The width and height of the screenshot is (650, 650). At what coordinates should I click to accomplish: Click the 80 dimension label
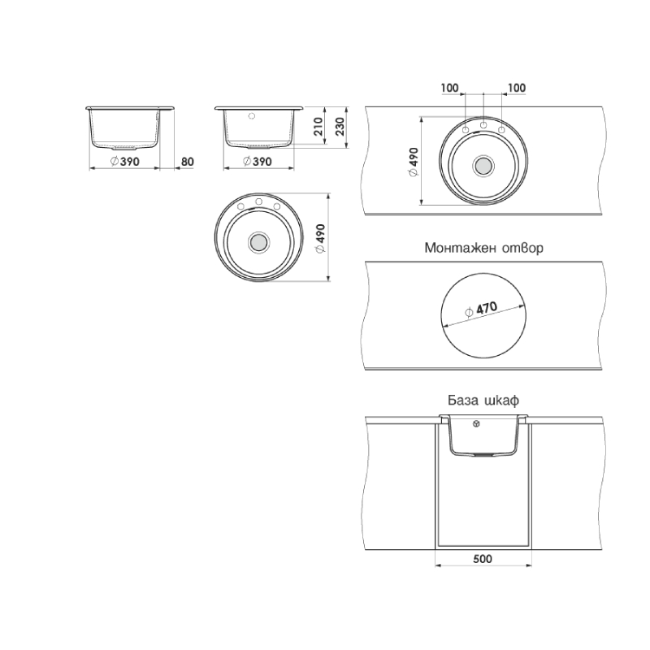coord(188,162)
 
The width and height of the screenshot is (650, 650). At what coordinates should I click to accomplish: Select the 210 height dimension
coord(318,127)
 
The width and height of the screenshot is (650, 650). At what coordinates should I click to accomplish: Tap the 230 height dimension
coord(340,127)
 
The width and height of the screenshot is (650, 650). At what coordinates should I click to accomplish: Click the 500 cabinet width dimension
coord(483,559)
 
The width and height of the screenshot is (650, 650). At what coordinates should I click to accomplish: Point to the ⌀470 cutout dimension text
coord(481,310)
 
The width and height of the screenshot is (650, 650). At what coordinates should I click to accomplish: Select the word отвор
coord(522,248)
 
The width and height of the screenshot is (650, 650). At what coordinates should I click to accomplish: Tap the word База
coord(463,401)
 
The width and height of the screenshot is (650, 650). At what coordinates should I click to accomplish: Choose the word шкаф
coord(502,401)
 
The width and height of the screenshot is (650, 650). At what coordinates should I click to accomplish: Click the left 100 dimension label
coord(449,88)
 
